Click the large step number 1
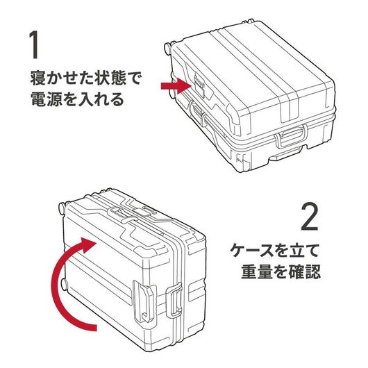pos(34,44)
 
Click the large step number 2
pos(310,217)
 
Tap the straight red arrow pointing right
pos(176,86)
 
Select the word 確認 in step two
pos(305,271)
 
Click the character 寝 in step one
pos(38,78)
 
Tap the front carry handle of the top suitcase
pos(291,137)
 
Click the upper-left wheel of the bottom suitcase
pos(62,208)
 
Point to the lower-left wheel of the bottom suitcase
pos(64,284)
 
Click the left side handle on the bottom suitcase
pos(144,301)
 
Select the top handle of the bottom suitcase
pos(122,214)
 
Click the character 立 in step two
pos(297,251)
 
